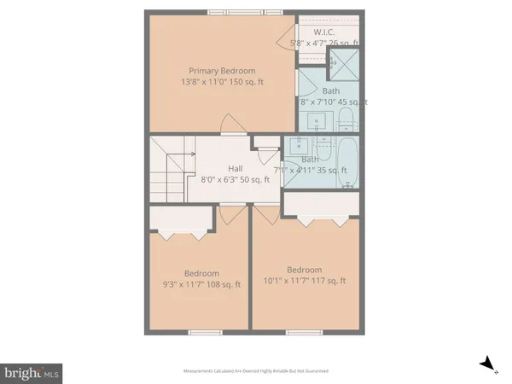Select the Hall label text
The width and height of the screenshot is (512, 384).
point(236,168)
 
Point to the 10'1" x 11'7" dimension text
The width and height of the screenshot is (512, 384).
point(304,280)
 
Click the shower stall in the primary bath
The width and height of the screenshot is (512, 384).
point(345,61)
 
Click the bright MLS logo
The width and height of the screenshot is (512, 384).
point(32,372)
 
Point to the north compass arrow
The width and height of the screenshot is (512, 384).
point(488,365)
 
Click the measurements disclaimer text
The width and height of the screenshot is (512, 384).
point(256,371)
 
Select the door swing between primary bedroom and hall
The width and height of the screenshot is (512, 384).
point(230,124)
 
